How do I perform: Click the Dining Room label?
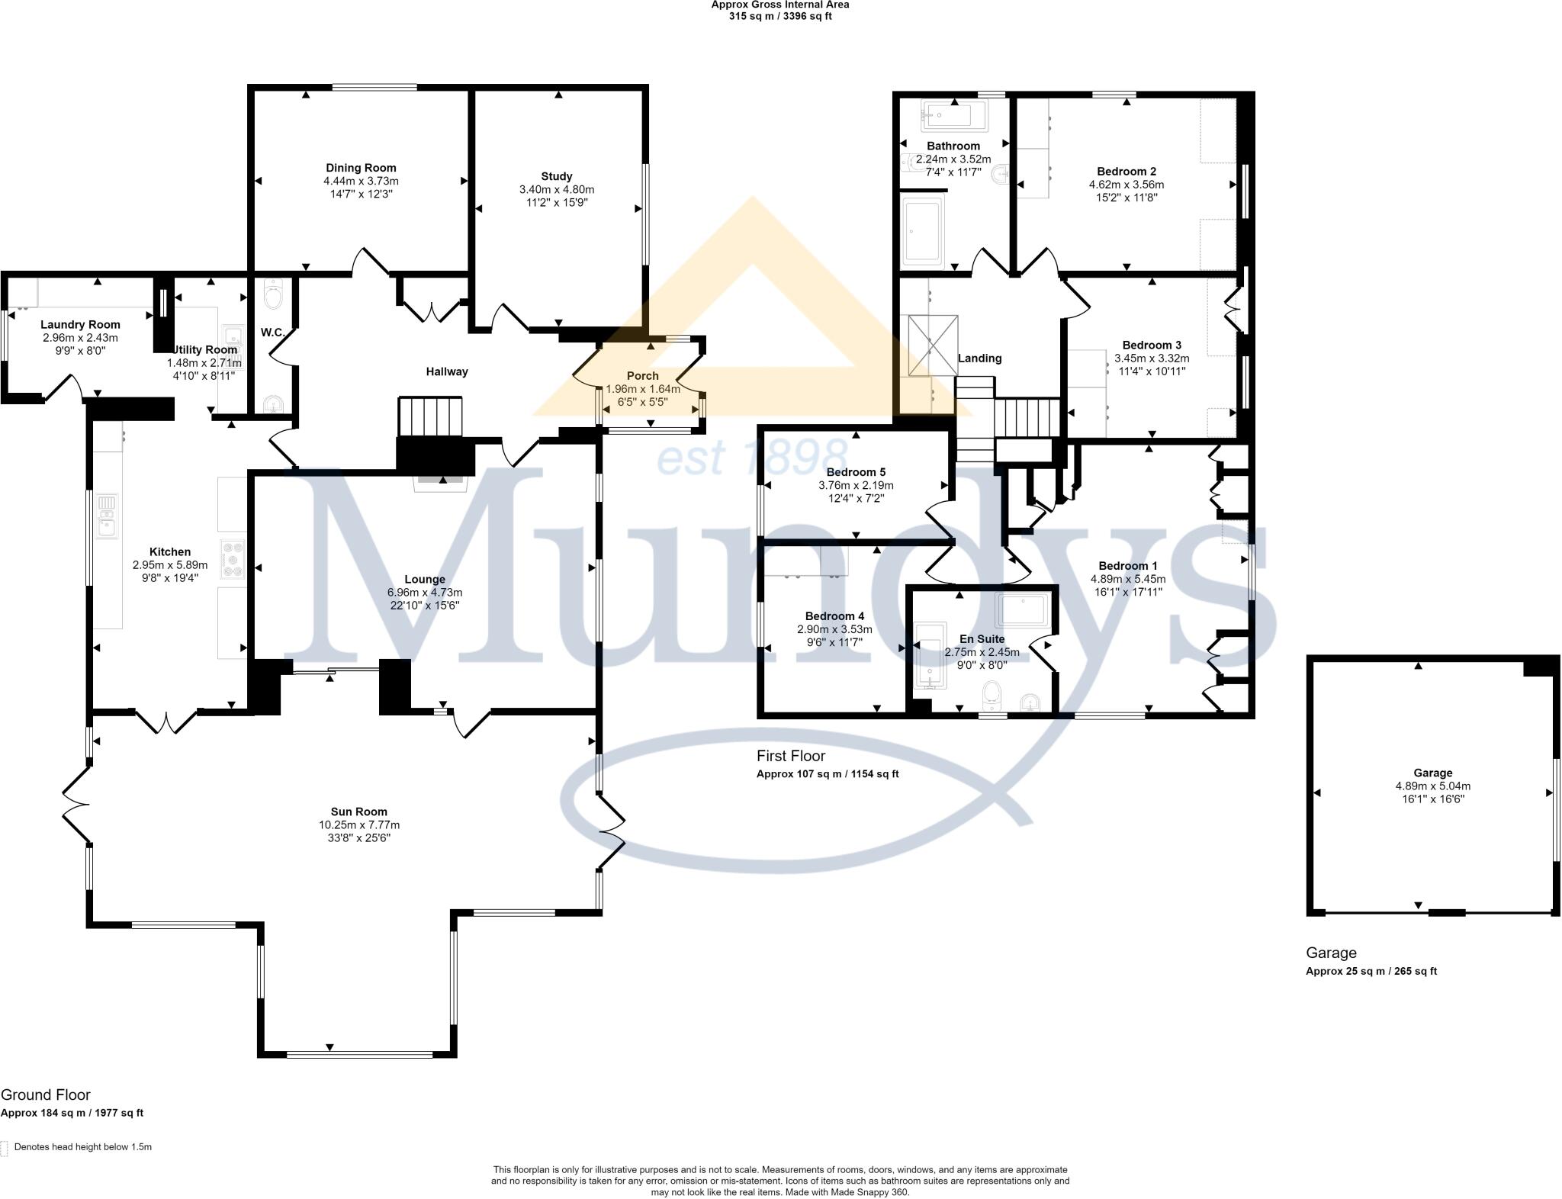coord(361,168)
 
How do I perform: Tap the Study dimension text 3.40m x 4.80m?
coord(556,189)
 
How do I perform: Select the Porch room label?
coord(642,375)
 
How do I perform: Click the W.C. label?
coord(272,333)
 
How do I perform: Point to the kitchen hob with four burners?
coord(232,558)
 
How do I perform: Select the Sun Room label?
coord(358,812)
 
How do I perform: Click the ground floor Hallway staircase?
coord(431,416)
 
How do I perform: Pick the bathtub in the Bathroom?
coord(947,117)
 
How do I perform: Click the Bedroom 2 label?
coord(1127,172)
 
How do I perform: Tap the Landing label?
coord(979,358)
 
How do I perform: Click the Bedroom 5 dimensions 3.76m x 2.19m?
coord(856,485)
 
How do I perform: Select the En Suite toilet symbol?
coord(992,694)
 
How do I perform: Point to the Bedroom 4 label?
coord(834,616)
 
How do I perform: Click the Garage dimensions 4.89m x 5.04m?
coord(1432,786)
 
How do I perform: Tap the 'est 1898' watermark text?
coord(747,458)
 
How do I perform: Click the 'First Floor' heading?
coord(790,756)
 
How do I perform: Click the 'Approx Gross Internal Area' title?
coord(779,5)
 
